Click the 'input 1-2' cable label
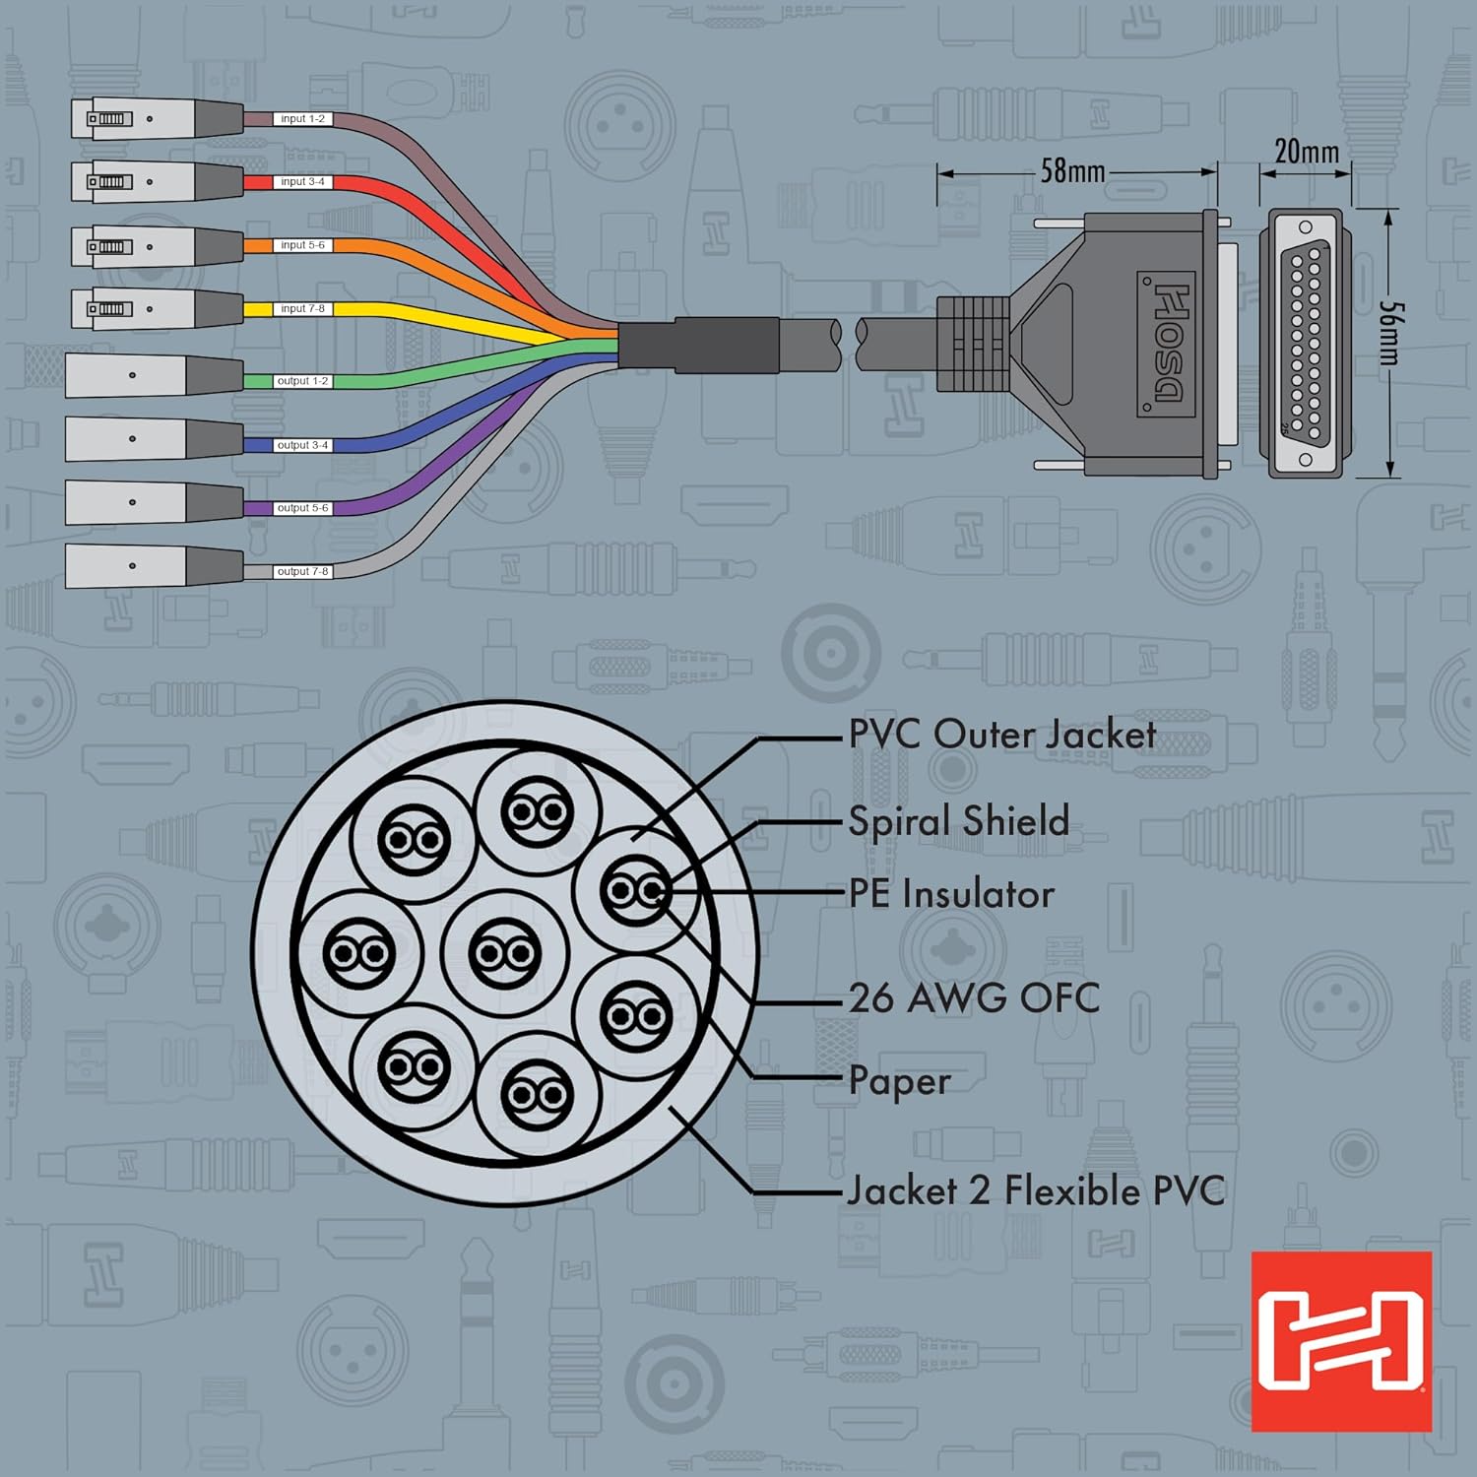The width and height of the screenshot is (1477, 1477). tap(301, 119)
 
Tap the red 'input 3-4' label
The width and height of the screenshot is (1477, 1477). tap(301, 182)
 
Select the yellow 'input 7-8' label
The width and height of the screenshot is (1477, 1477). tap(301, 309)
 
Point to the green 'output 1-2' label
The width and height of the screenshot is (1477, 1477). tap(301, 381)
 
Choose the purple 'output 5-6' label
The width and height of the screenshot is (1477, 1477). tap(301, 508)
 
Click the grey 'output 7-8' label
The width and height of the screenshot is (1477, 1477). tap(301, 571)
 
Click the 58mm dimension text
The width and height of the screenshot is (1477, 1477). tap(1072, 171)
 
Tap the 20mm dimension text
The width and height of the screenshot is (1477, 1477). tap(1306, 152)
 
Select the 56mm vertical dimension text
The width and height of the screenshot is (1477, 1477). tap(1389, 333)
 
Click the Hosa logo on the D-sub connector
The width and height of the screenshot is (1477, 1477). tap(1168, 344)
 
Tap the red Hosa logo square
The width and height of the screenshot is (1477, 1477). tap(1340, 1341)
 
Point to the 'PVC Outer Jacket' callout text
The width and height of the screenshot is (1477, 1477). tap(1001, 735)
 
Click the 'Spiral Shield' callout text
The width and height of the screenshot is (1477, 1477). tap(958, 821)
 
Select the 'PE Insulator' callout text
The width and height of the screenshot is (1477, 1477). tap(951, 894)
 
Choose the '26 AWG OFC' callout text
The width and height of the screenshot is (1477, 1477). tap(974, 998)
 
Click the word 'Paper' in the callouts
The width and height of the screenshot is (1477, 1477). tap(899, 1081)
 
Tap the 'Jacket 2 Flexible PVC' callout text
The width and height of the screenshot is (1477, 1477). tap(1036, 1191)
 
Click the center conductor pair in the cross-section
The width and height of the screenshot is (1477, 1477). tap(505, 953)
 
